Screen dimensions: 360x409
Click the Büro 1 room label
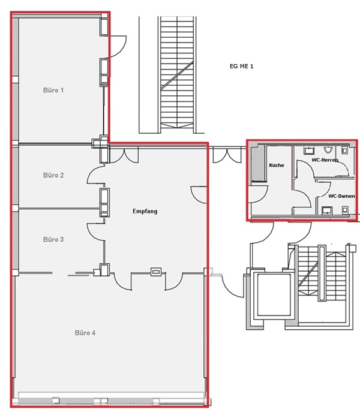pos(53,90)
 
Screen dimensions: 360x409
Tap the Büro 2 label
pos(53,175)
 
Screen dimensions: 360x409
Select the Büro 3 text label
pos(53,239)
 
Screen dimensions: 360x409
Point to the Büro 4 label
pos(85,333)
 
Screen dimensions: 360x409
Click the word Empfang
pos(145,211)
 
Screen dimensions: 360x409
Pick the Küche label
pos(277,165)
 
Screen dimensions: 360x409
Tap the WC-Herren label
pos(325,160)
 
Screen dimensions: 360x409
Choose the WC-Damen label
pos(341,196)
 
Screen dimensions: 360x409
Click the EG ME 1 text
pos(241,66)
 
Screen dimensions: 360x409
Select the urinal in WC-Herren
pos(328,150)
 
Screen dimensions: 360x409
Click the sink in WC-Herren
pos(309,151)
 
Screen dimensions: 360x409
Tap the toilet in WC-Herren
pos(344,151)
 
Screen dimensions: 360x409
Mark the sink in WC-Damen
pos(327,210)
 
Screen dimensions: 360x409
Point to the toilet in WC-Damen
pos(345,210)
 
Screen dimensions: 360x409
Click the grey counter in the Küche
pos(258,164)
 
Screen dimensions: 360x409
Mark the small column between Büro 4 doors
pos(156,272)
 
